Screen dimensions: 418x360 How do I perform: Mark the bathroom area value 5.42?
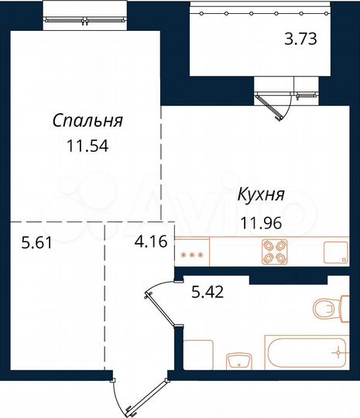click(208, 293)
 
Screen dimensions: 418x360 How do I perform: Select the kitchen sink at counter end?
click(334, 252)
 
